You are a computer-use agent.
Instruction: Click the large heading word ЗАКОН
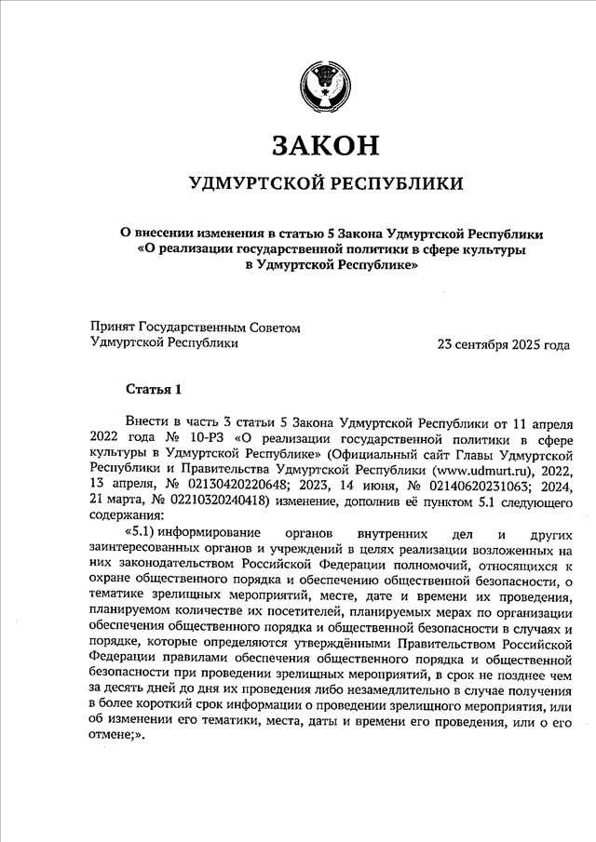(x=325, y=145)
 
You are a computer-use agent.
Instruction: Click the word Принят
(x=112, y=327)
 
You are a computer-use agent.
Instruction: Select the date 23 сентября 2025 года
(x=503, y=344)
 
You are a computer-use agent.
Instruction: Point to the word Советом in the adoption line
(x=277, y=327)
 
